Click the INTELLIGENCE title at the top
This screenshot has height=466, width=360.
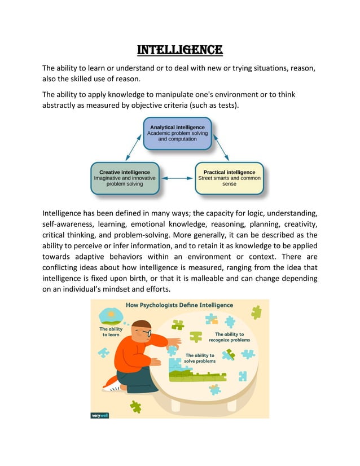pos(180,50)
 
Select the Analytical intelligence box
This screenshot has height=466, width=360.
pos(177,133)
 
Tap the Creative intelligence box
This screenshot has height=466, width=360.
pos(125,178)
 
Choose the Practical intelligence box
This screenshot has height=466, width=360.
pos(229,178)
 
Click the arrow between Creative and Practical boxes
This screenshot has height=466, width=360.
pos(177,178)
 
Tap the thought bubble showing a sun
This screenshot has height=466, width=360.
pos(111,313)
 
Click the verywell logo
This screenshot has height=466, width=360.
pos(100,415)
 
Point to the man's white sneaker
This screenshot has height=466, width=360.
pos(111,387)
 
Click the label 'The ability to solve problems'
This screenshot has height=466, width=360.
pos(200,358)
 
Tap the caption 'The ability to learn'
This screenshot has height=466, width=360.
pos(111,332)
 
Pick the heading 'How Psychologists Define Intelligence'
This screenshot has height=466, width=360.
pos(179,305)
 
